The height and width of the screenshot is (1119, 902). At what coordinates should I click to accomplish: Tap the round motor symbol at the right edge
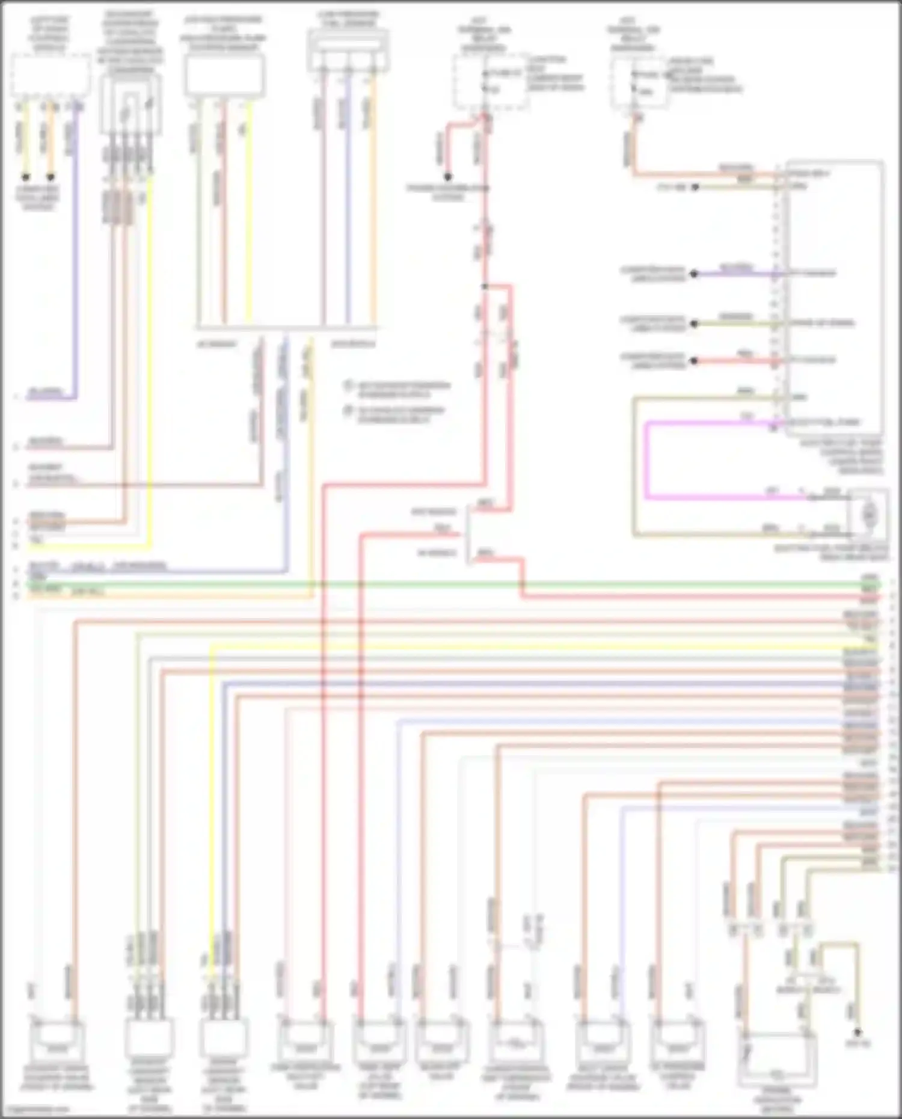[x=868, y=515]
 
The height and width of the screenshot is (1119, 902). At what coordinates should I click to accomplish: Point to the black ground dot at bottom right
[x=858, y=1032]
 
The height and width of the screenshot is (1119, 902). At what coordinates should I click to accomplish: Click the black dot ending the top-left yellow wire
[x=26, y=177]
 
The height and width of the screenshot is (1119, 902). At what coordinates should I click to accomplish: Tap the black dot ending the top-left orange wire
[x=51, y=177]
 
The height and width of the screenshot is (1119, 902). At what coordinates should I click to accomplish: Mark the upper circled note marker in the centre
[x=348, y=385]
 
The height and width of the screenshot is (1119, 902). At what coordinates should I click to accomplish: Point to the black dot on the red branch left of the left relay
[x=448, y=177]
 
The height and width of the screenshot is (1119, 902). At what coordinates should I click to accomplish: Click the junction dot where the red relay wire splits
[x=485, y=286]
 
